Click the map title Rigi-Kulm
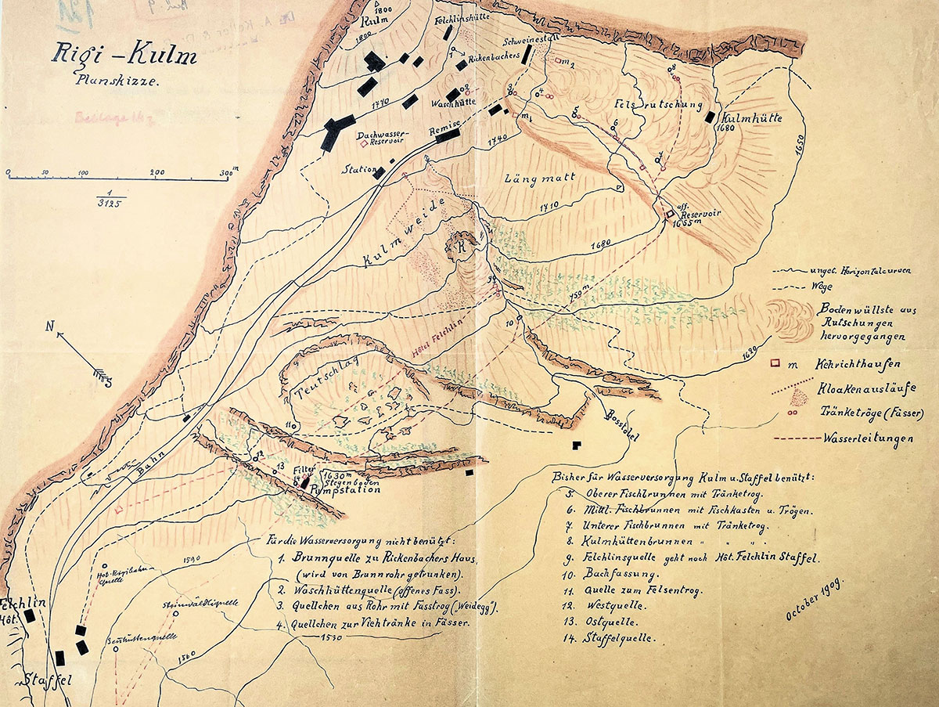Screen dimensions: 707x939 point(125,56)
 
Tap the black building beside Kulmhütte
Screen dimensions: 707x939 point(711,117)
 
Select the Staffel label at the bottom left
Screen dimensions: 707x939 point(38,681)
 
